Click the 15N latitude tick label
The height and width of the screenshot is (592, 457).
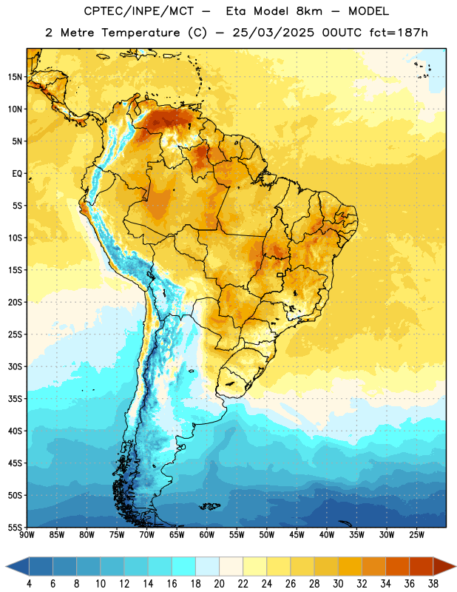click(15, 77)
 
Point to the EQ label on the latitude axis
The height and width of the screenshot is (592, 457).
click(17, 174)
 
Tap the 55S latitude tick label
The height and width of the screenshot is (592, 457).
click(15, 528)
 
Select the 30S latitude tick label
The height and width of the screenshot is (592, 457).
click(15, 366)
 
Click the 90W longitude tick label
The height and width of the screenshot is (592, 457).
click(27, 535)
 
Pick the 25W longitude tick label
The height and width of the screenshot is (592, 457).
click(416, 535)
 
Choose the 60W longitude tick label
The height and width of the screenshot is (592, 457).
click(207, 535)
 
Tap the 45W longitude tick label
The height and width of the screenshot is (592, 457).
click(297, 535)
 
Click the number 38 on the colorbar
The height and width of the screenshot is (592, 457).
click(433, 584)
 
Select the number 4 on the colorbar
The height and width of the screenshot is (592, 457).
click(29, 584)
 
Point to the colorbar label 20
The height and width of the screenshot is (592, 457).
click(219, 584)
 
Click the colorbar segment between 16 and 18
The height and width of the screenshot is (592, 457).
click(184, 567)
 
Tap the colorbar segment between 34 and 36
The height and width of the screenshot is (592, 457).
click(398, 567)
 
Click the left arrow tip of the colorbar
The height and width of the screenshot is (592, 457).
click(6, 567)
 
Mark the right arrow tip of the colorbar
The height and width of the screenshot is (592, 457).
click(456, 567)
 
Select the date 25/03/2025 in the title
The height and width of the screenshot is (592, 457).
click(273, 33)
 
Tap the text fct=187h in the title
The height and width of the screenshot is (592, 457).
click(399, 33)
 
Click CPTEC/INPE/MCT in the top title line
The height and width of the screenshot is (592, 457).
click(138, 11)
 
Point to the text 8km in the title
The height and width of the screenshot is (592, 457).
click(309, 11)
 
